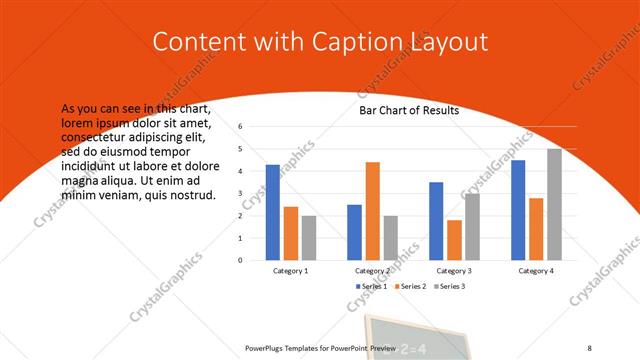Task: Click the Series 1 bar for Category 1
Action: [272, 212]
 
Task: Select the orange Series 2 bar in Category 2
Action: [372, 210]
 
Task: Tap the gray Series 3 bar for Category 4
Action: [554, 204]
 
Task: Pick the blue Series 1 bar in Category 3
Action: [436, 221]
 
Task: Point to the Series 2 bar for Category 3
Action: [454, 240]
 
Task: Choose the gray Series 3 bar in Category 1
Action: [308, 238]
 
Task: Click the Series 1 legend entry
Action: [371, 286]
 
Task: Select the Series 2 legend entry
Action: [410, 286]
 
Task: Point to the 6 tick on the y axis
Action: [241, 127]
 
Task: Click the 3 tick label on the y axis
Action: [241, 194]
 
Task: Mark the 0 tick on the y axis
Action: [241, 260]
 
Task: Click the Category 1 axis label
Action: [290, 271]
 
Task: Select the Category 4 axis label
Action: [536, 271]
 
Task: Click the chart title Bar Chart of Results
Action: [409, 110]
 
